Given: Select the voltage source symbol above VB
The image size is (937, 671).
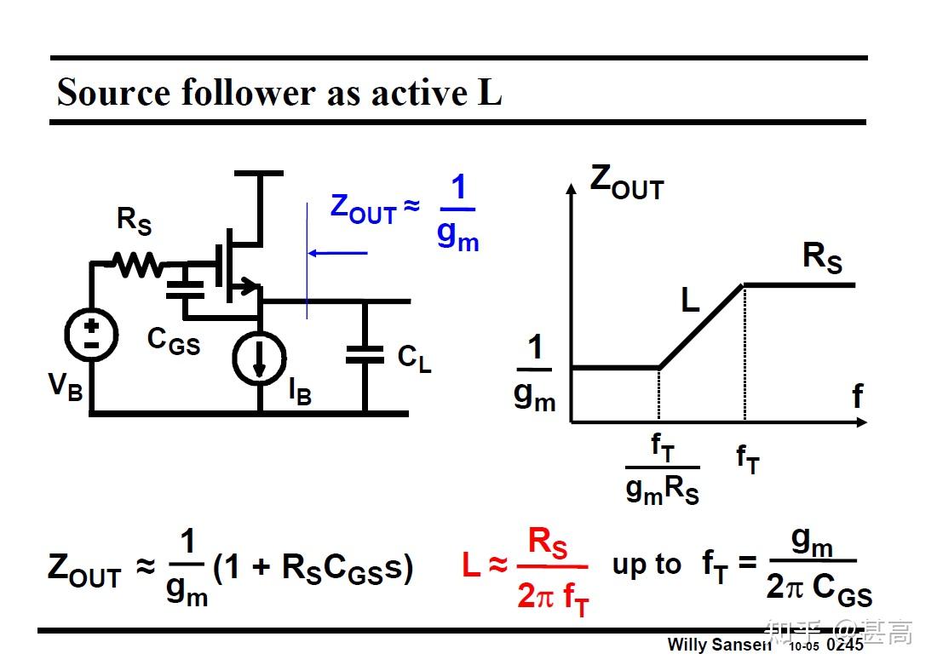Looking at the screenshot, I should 91,333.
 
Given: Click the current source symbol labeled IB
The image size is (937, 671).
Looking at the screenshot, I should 260,358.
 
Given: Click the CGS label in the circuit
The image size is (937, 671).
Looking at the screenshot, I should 173,341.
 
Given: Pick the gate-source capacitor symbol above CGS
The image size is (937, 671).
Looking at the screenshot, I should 186,288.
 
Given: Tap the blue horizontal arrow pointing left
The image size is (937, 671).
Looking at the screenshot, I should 338,252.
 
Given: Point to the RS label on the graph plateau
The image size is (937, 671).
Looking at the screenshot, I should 822,257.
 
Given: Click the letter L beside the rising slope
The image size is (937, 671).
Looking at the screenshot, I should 689,300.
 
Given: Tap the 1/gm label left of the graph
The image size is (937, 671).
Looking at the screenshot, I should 534,372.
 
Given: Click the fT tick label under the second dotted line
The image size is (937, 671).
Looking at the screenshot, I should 747,459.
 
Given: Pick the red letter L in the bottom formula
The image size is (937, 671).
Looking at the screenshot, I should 471,565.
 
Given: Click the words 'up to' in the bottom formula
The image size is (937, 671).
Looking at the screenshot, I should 647,565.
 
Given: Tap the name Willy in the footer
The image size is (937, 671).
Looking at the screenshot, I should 687,645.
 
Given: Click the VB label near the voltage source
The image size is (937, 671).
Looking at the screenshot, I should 65,386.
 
